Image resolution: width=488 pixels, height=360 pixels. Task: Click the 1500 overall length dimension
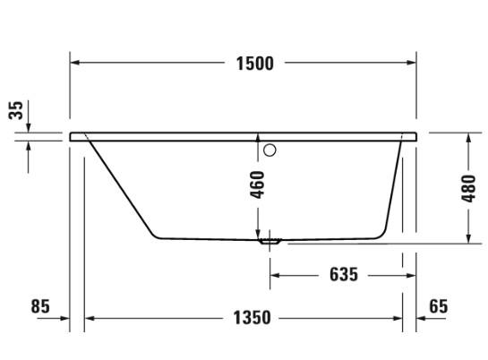click(254, 63)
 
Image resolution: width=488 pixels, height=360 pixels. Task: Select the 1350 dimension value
click(252, 317)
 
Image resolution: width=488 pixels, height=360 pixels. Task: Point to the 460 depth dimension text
click(258, 184)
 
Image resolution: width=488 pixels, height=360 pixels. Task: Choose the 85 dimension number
click(40, 306)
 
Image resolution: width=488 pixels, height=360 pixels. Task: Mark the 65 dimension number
click(438, 306)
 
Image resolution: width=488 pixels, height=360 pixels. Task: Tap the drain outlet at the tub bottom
click(270, 240)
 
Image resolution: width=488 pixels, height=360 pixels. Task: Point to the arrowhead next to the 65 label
click(422, 317)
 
